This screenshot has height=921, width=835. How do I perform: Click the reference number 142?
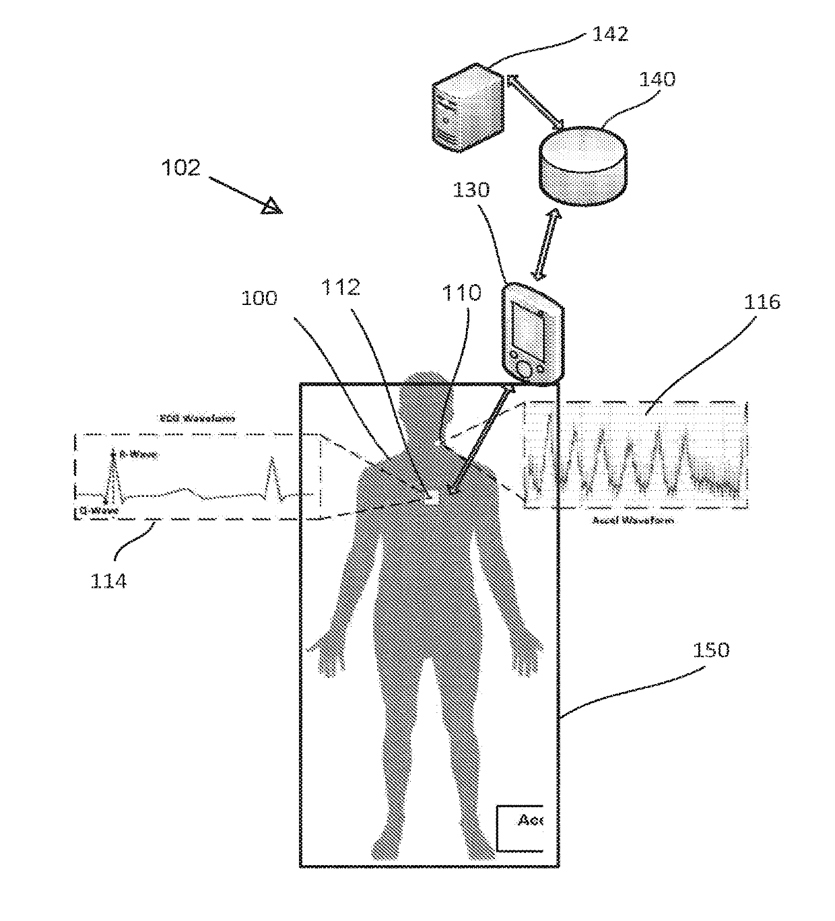(x=610, y=34)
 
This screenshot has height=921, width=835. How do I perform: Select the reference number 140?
(x=657, y=79)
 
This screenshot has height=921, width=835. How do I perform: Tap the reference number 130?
(x=471, y=189)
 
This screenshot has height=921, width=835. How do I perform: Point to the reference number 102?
(x=180, y=168)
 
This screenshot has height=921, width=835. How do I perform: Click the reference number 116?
(x=762, y=302)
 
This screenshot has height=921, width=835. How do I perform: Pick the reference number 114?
(x=108, y=580)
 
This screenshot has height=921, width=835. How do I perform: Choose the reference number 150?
(x=711, y=650)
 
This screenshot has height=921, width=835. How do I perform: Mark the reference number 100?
(x=259, y=298)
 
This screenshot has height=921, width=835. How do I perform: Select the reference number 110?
(x=461, y=292)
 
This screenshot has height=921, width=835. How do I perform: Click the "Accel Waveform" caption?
(x=632, y=520)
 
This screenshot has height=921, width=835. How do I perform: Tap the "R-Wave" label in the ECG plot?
(x=138, y=455)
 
